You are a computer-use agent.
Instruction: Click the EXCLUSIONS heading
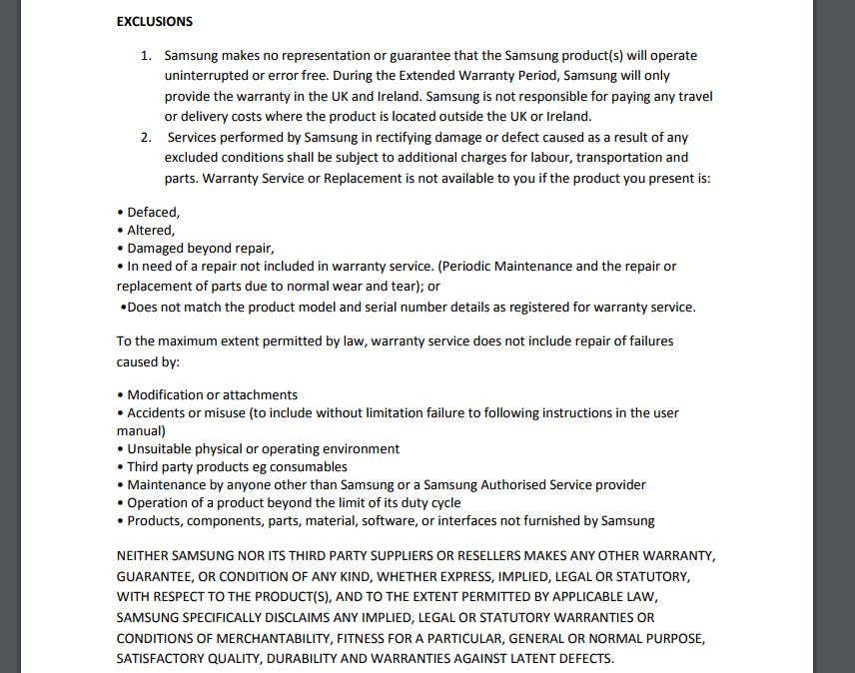pyautogui.click(x=155, y=21)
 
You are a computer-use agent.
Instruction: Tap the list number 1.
pyautogui.click(x=146, y=56)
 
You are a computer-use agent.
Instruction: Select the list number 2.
pyautogui.click(x=146, y=138)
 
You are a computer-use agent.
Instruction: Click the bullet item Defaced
pyautogui.click(x=153, y=212)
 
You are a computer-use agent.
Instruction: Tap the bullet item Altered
pyautogui.click(x=150, y=230)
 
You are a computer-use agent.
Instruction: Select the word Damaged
pyautogui.click(x=161, y=248)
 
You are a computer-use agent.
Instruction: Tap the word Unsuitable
pyautogui.click(x=164, y=449)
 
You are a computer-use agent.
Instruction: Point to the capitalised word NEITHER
pyautogui.click(x=143, y=556)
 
